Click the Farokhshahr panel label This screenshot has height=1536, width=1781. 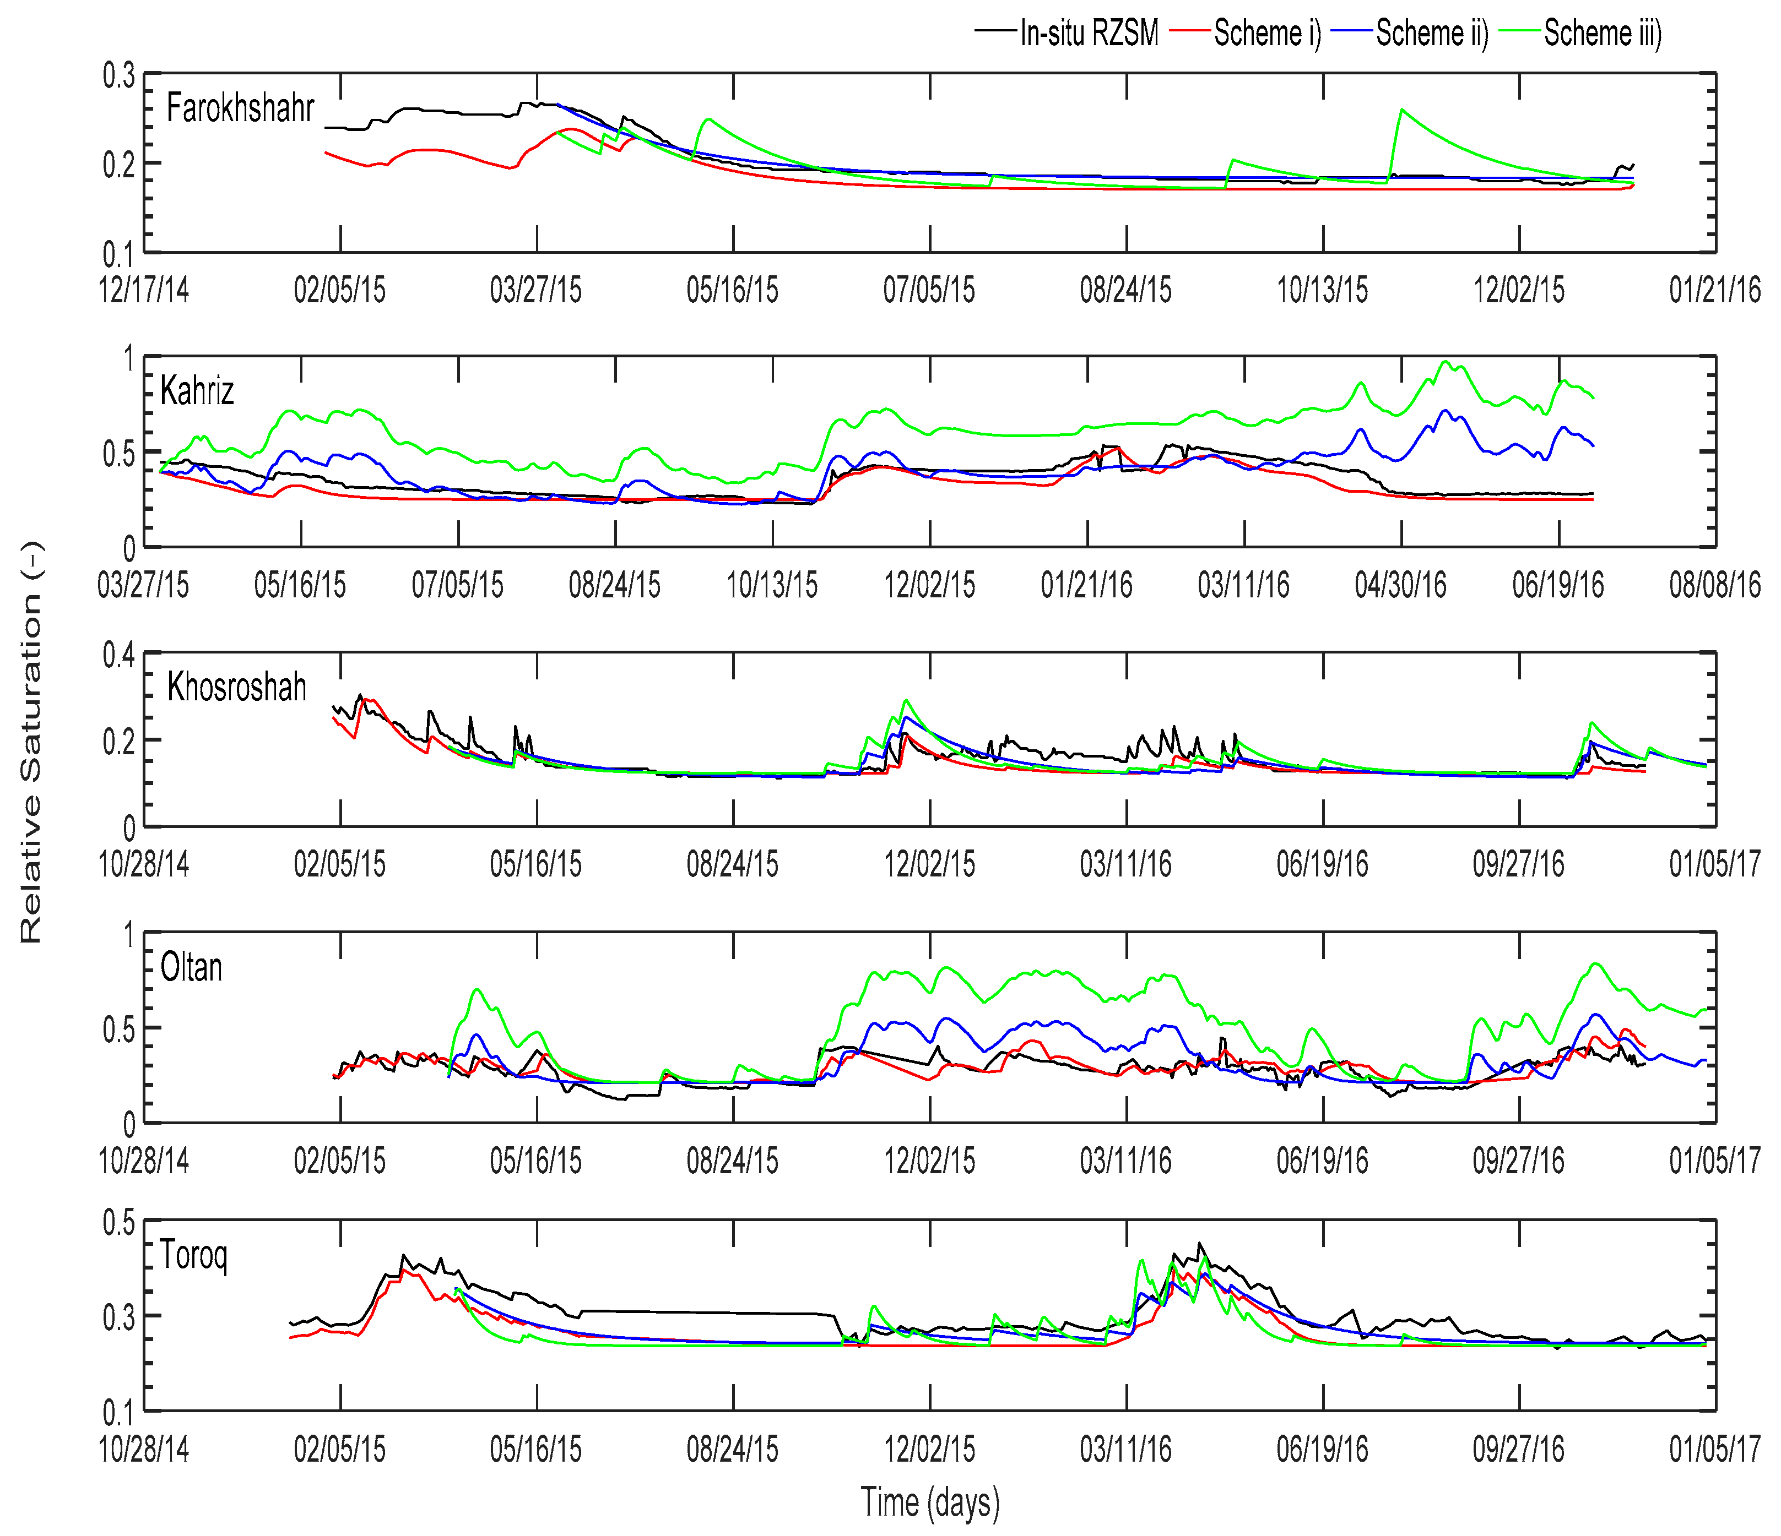tap(240, 109)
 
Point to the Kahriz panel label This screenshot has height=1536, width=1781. tap(197, 392)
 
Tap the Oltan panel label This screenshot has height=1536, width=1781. tap(191, 968)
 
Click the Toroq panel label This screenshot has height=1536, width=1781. tap(193, 1256)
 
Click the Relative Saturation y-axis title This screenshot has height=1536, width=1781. tap(31, 743)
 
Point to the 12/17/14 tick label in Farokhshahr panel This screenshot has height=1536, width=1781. tap(144, 290)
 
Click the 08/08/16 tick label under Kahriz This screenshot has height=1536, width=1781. tap(1715, 586)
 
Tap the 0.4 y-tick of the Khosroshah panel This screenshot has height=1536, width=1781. tap(118, 656)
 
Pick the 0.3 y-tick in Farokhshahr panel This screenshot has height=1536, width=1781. tap(118, 75)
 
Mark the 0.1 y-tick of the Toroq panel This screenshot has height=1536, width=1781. tap(118, 1412)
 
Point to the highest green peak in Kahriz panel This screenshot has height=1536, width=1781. tap(1446, 362)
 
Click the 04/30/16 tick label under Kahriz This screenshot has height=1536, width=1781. tap(1401, 586)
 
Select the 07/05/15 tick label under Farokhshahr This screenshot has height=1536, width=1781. tap(929, 290)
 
